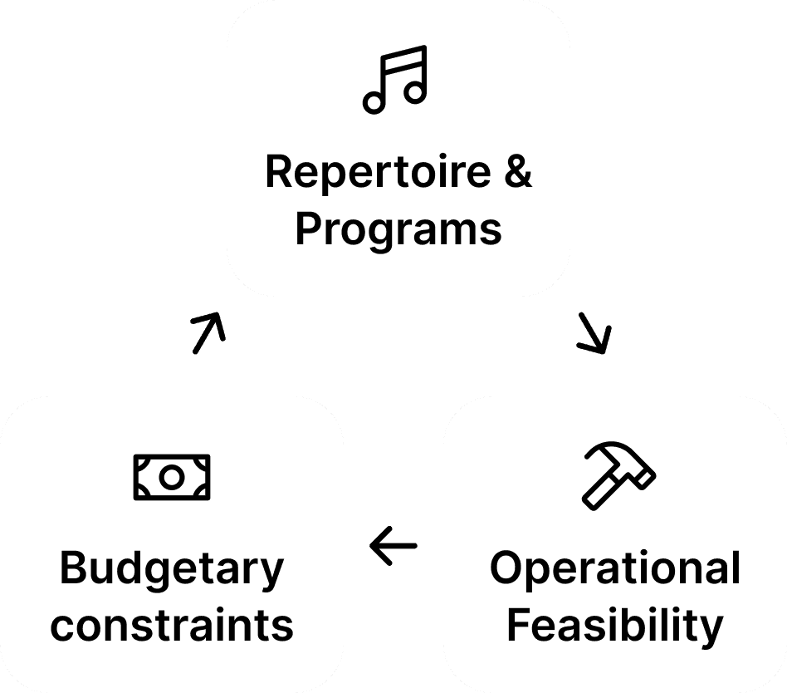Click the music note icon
coord(395,80)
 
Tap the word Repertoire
coord(378,172)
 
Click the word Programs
coord(398,228)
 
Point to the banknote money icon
coord(172,477)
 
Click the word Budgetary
coord(172,570)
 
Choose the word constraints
coord(172,625)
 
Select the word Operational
coord(615,570)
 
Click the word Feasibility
coord(615,625)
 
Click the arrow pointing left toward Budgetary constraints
coord(393,547)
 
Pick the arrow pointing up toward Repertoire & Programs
coord(208,332)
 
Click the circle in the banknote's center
coord(172,477)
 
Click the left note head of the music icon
coord(374,102)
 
